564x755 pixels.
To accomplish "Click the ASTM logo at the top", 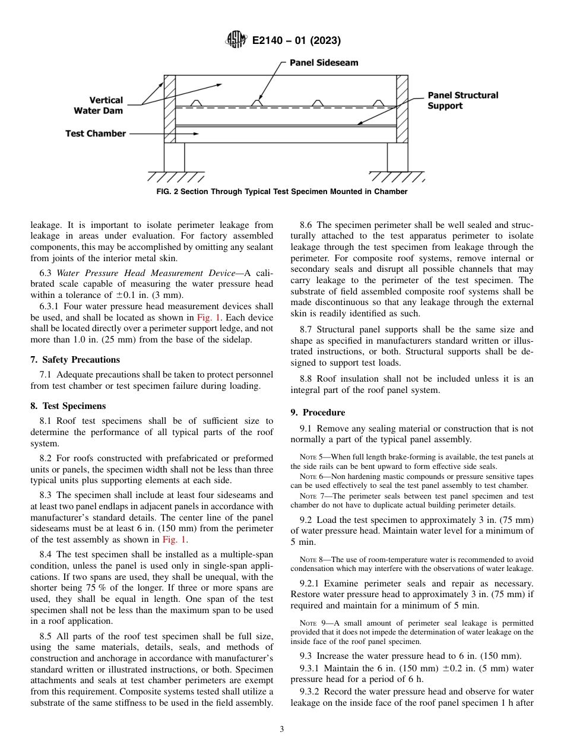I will coord(236,41).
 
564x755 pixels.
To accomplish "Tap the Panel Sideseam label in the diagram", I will coord(324,62).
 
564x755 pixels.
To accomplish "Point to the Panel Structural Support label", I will coord(462,100).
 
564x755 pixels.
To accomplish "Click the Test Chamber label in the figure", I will coord(95,134).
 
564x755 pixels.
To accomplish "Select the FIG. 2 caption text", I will coord(282,192).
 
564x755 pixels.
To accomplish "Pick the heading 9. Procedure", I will coord(318,413).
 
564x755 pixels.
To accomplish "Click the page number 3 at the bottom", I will coord(281,729).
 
